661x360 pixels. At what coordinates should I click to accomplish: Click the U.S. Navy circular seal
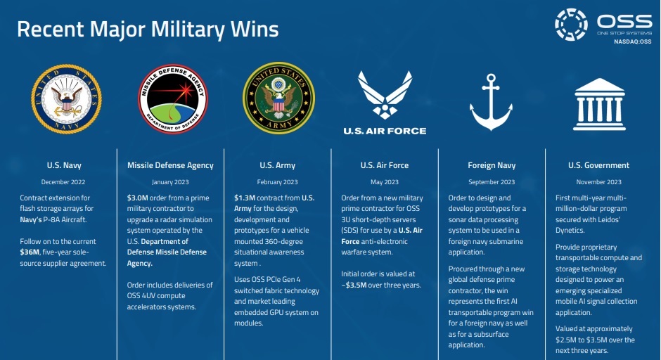(66, 99)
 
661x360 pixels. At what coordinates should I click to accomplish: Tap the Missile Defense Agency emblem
(173, 98)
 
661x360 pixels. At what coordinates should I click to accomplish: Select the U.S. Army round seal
(278, 98)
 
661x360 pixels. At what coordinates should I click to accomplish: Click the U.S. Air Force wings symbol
(385, 95)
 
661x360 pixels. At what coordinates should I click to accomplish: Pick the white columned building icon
(599, 104)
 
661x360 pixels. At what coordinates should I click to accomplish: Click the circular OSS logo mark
(571, 25)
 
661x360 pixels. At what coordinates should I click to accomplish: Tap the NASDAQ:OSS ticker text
(632, 41)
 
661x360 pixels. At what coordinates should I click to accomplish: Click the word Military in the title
(188, 30)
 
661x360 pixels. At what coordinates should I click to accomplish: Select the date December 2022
(63, 182)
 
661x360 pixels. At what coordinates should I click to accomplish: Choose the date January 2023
(170, 182)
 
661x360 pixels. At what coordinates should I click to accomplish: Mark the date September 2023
(492, 182)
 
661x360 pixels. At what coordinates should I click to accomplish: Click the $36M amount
(30, 252)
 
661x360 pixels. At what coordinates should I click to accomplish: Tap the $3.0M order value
(137, 198)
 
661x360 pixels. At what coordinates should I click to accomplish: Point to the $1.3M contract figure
(245, 198)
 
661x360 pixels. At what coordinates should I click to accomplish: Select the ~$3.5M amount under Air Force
(354, 285)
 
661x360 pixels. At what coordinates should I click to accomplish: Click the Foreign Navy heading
(492, 165)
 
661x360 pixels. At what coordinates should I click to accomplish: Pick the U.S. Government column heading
(598, 165)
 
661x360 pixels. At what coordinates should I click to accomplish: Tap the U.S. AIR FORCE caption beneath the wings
(385, 131)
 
